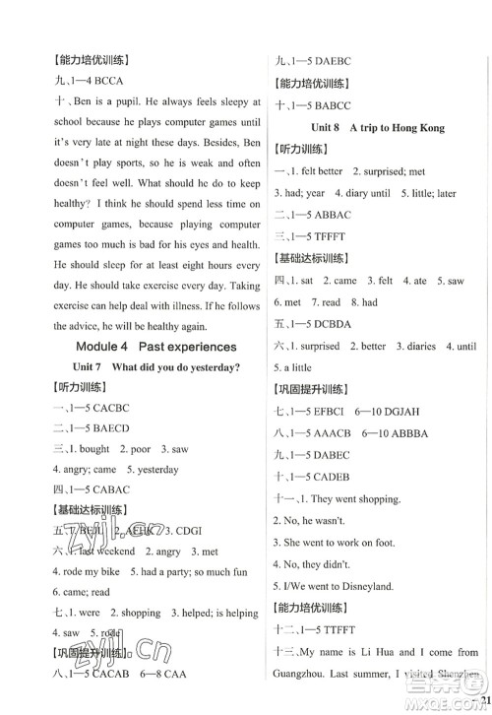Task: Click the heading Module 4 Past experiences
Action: coord(155,346)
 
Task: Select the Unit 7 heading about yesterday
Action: coord(155,368)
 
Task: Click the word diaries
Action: coord(421,346)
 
